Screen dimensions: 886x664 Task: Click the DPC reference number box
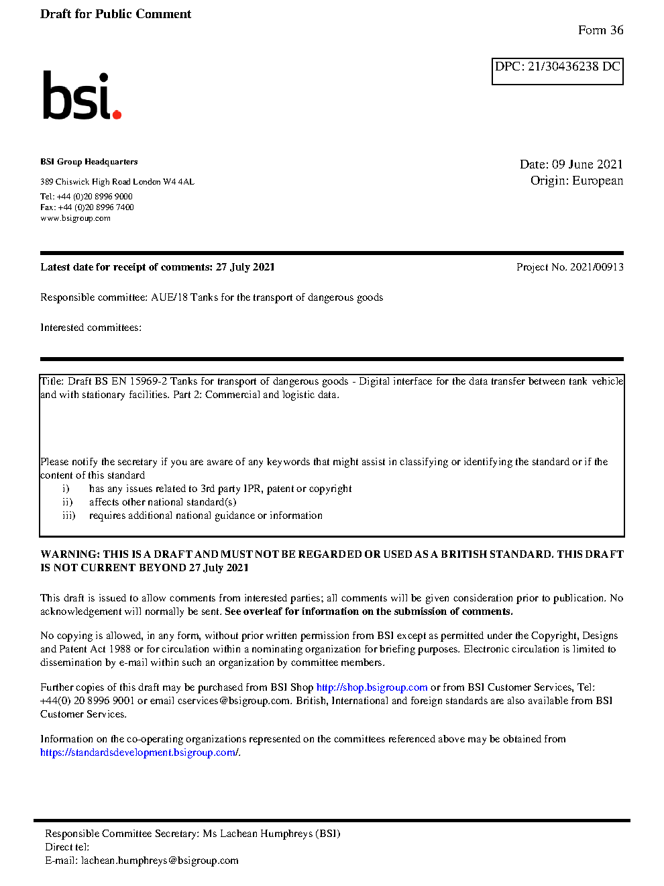click(x=557, y=71)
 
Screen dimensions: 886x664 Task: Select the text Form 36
click(x=600, y=30)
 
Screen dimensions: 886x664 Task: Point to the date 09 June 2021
click(x=587, y=164)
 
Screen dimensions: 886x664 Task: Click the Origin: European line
click(x=576, y=181)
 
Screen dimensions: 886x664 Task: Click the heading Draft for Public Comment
click(x=115, y=14)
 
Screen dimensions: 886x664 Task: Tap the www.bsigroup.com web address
click(x=75, y=218)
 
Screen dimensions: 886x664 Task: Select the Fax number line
click(x=87, y=207)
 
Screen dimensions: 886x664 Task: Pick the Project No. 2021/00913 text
click(x=569, y=267)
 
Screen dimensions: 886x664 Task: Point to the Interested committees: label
click(x=91, y=328)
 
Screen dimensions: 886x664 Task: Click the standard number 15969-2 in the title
click(x=148, y=381)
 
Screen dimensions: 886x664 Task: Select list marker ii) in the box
click(x=67, y=502)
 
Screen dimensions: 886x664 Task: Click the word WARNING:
click(x=70, y=554)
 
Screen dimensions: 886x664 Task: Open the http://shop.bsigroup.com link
click(x=372, y=687)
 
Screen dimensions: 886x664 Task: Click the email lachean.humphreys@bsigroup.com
click(x=160, y=860)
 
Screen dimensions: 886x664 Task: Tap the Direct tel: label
click(x=66, y=847)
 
